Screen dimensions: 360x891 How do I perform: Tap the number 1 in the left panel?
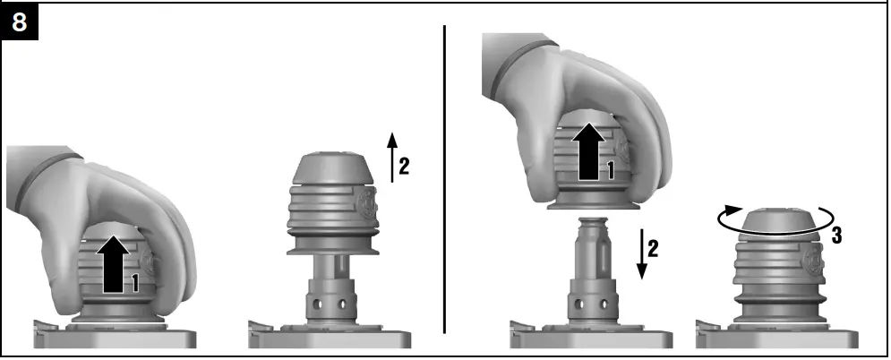134,283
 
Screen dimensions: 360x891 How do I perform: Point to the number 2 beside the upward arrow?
404,167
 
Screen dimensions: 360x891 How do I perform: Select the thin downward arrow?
638,250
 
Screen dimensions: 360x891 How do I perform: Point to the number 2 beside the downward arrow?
653,248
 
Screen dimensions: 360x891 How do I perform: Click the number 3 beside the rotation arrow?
835,236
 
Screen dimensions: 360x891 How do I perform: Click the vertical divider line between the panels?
445,179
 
